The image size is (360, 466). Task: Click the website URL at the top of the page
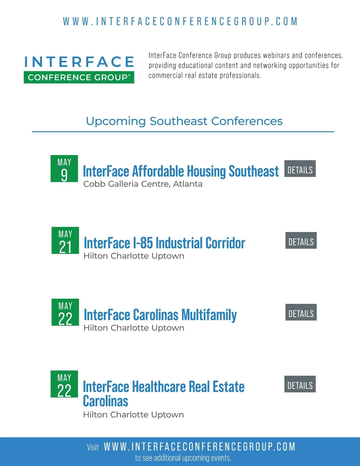(180, 22)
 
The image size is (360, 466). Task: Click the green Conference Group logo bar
(79, 77)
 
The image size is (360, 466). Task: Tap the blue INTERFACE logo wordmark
(79, 62)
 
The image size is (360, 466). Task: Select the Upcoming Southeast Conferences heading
(184, 121)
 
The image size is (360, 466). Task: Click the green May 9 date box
(64, 169)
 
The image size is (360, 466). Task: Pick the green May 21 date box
(65, 240)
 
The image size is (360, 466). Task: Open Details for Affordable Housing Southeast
(300, 169)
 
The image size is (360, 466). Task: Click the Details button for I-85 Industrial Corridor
(301, 240)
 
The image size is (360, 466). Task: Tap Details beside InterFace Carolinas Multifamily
(301, 312)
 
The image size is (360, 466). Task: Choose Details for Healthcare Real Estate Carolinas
(300, 384)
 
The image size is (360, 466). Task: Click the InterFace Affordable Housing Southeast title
(181, 172)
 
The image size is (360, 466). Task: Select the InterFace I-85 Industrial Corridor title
(164, 243)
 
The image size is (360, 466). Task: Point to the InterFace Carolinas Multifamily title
(160, 315)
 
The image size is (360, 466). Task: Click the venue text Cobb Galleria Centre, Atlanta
(143, 184)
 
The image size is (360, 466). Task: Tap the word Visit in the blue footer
(93, 447)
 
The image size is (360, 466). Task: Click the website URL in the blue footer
(199, 447)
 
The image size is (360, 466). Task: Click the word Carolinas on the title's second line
(106, 401)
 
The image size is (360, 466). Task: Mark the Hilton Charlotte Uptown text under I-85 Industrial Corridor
(134, 256)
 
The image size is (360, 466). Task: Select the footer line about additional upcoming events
(183, 458)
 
